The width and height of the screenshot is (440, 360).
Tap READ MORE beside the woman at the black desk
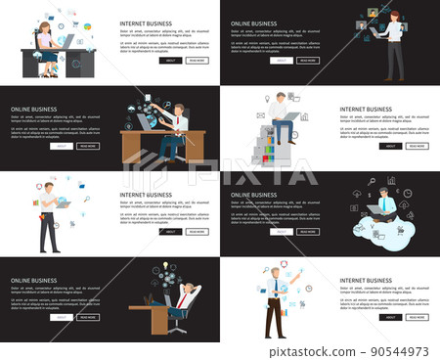click(x=198, y=60)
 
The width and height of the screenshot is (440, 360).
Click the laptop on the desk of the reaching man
click(x=144, y=121)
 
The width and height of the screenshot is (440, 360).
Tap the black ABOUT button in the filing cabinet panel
click(x=390, y=146)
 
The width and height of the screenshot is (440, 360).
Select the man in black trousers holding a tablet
click(x=49, y=216)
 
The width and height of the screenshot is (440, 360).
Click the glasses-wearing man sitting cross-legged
click(x=384, y=206)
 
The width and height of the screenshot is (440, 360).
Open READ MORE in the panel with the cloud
click(x=307, y=232)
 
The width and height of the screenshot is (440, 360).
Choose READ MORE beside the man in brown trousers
click(x=417, y=317)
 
